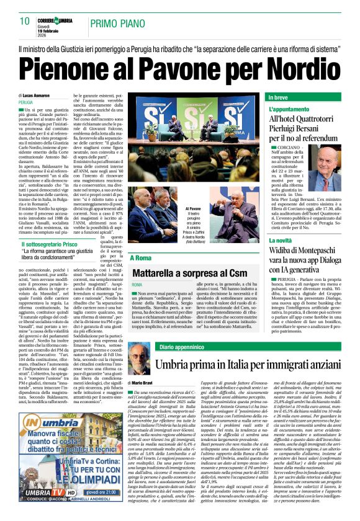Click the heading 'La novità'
click(283, 239)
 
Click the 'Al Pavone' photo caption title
click(193, 210)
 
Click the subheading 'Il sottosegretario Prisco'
click(60, 245)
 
